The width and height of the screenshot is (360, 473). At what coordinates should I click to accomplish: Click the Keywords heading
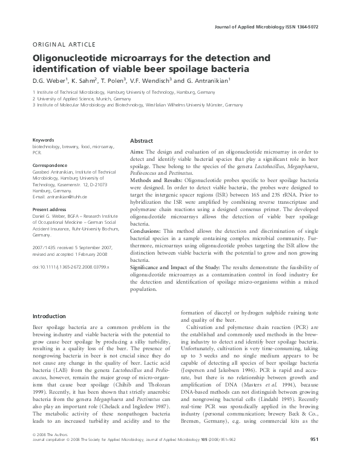pos(44,140)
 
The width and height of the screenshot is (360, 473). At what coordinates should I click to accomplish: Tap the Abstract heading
pos(142,140)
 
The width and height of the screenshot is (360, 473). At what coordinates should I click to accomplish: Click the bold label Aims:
pos(139,152)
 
